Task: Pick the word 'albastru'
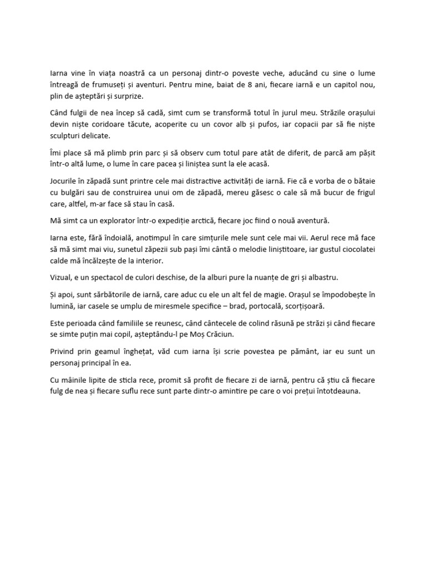coord(321,277)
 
